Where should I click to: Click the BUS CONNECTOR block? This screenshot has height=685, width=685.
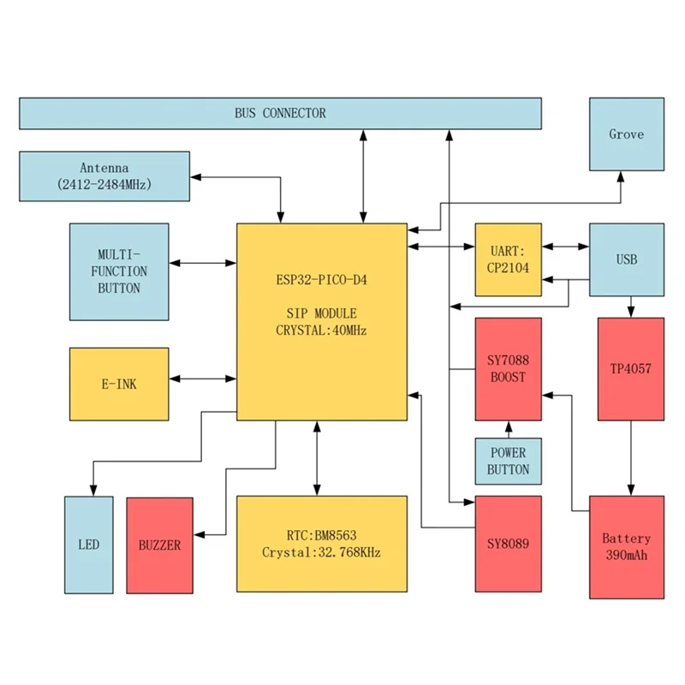[x=280, y=113]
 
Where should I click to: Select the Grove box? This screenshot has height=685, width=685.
[x=626, y=134]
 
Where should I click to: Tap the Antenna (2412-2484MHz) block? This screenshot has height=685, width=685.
[x=104, y=176]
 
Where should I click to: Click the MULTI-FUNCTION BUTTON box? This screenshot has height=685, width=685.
[x=119, y=271]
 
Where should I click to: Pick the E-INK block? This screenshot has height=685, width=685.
[x=119, y=384]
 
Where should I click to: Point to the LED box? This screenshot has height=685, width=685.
[x=88, y=545]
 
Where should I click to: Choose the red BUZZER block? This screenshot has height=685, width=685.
[x=159, y=545]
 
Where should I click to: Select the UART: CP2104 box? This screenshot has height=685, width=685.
[x=508, y=259]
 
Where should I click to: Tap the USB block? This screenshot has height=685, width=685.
[x=626, y=259]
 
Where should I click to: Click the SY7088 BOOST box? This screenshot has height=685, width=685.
[x=508, y=369]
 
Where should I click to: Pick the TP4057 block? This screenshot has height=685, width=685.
[x=631, y=369]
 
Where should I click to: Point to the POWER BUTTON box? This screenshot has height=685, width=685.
[x=508, y=461]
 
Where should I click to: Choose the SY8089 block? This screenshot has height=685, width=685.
[x=508, y=543]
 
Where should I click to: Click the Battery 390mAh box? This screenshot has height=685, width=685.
[x=626, y=546]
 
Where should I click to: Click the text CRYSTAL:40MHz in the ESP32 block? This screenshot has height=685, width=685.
[x=321, y=331]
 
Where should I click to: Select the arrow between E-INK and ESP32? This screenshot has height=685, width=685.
[x=203, y=378]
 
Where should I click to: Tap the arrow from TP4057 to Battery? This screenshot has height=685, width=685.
[x=631, y=458]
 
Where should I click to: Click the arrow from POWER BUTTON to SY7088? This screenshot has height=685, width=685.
[x=509, y=429]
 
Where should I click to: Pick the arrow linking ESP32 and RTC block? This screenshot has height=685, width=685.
[x=318, y=458]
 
